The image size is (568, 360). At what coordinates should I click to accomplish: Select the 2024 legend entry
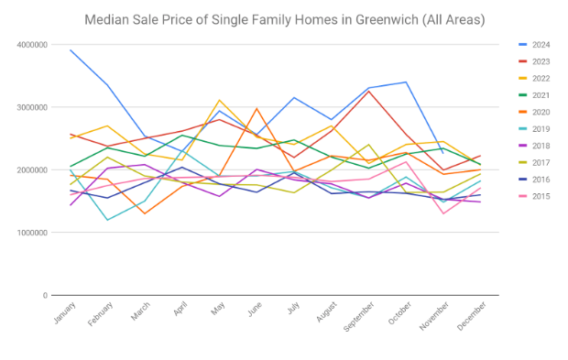534,45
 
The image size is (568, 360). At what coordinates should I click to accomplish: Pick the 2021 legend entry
534,95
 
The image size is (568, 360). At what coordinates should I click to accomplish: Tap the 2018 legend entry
534,146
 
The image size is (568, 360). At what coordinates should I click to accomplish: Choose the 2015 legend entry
534,196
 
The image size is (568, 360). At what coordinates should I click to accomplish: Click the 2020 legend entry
534,113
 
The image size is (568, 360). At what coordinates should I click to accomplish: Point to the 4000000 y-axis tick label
32,45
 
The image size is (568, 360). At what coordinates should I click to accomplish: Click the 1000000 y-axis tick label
32,233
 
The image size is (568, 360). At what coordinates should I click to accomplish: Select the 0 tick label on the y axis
45,296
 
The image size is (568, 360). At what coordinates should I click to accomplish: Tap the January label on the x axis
65,312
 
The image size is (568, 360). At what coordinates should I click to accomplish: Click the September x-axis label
358,317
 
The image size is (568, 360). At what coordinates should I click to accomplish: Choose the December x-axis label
471,316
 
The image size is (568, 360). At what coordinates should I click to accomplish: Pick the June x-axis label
255,310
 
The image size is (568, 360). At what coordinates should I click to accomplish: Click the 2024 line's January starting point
71,50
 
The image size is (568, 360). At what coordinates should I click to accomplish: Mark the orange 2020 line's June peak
257,108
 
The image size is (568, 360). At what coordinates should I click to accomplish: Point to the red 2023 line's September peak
369,91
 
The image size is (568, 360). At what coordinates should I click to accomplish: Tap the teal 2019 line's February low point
107,220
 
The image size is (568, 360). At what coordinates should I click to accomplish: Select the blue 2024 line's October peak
406,82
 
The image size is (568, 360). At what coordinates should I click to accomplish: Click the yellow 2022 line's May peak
220,100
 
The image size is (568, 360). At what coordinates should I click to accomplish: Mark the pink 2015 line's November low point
443,213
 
